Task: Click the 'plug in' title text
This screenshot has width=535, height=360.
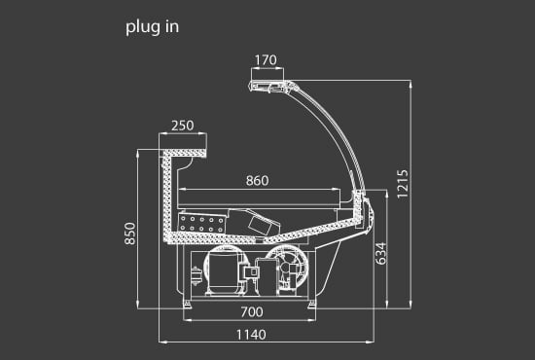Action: click(x=152, y=27)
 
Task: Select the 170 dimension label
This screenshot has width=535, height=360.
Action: click(x=266, y=60)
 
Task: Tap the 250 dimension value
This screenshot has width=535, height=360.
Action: click(x=183, y=126)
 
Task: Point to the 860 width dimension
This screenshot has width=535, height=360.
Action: click(x=257, y=181)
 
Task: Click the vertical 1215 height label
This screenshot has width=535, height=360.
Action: click(x=403, y=184)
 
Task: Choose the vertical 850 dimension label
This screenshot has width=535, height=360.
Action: click(x=130, y=234)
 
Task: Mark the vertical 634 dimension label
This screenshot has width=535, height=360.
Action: click(x=380, y=254)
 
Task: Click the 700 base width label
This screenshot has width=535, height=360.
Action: click(x=252, y=312)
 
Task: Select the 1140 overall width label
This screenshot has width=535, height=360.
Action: click(x=252, y=335)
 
